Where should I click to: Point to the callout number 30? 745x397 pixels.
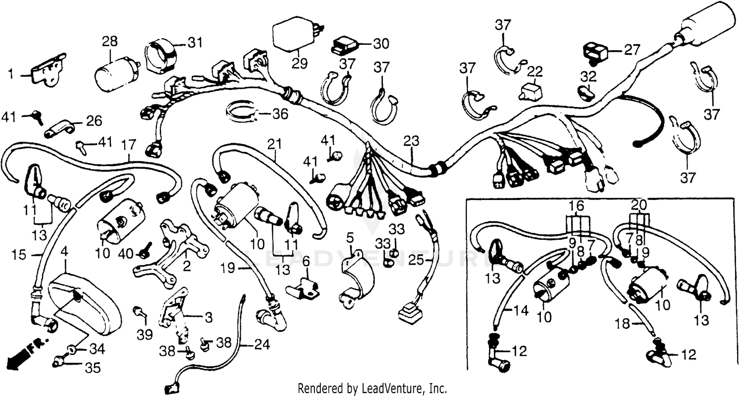(x=381, y=44)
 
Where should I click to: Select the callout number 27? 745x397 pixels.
(x=632, y=50)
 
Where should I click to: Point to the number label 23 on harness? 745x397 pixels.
(x=412, y=141)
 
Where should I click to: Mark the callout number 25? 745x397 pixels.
(x=417, y=259)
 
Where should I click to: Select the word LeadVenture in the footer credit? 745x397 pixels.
(x=388, y=388)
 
